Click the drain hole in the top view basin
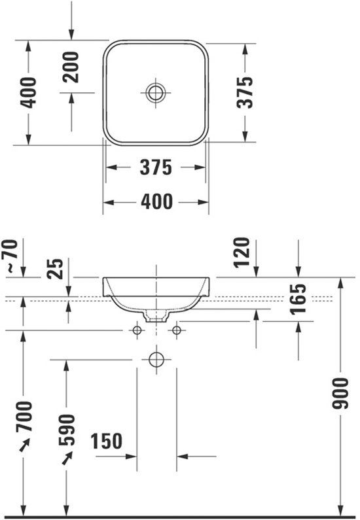(x=156, y=92)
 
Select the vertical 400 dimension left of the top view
(x=28, y=93)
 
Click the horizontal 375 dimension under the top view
(x=156, y=167)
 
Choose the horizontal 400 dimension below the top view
(x=156, y=202)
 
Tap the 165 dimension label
(x=298, y=298)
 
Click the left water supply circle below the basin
(x=137, y=332)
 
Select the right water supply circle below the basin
(x=175, y=332)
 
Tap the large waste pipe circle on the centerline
(x=156, y=359)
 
